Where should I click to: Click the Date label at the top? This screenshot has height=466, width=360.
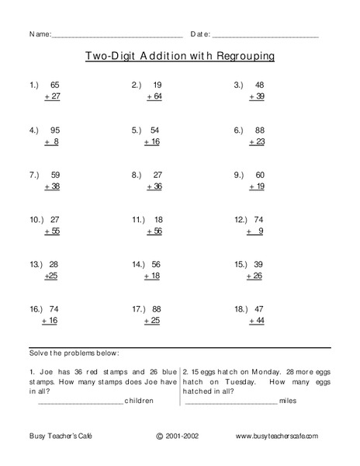(199, 35)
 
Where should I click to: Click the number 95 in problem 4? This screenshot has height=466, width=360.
(54, 128)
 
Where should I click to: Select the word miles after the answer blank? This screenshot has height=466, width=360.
(289, 401)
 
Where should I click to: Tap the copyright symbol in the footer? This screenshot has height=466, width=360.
(160, 437)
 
